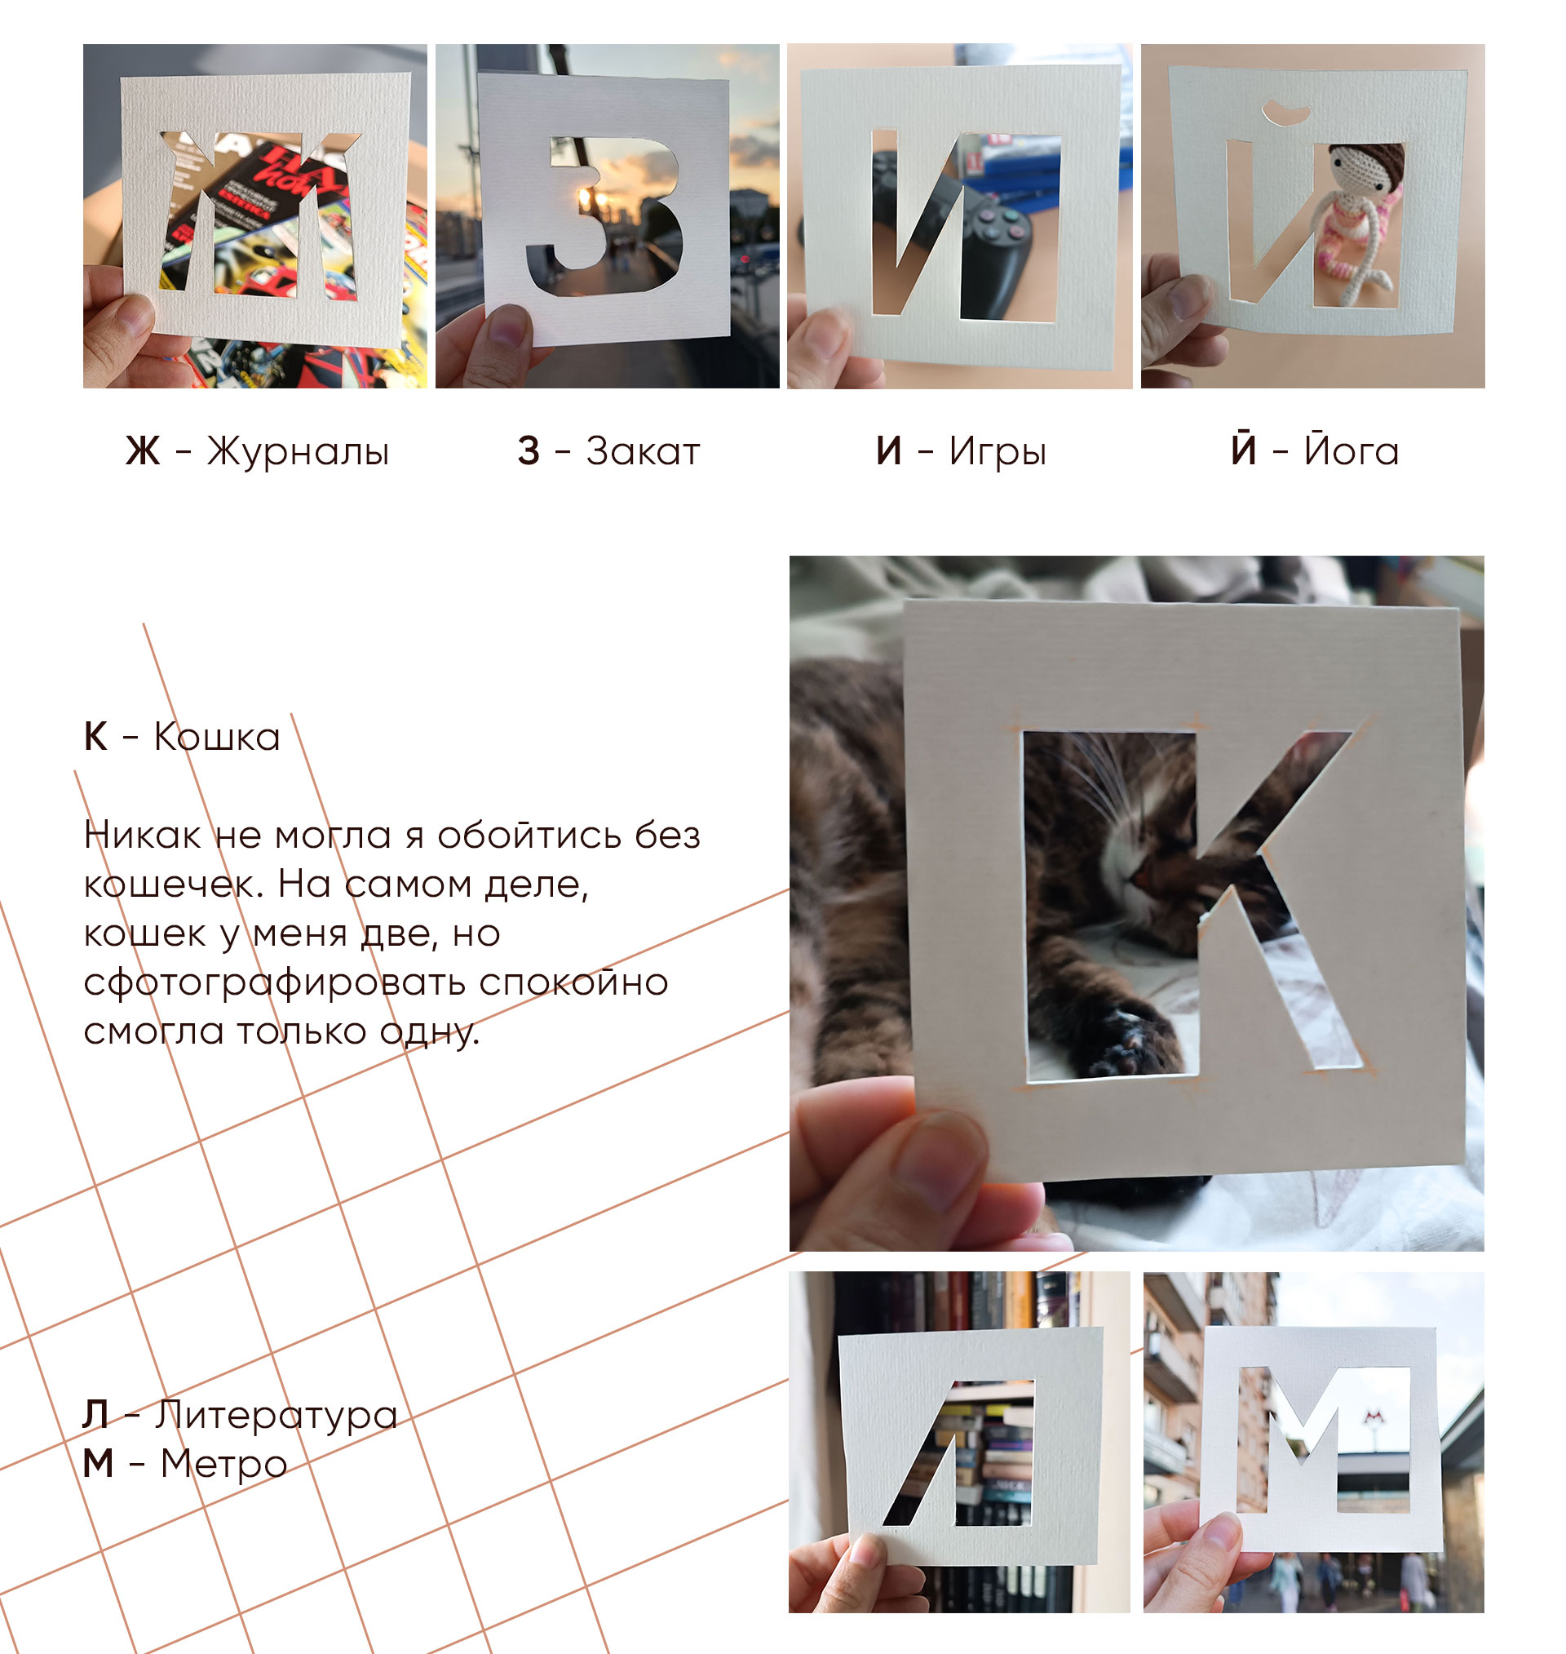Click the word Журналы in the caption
[298, 452]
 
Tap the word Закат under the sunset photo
[643, 451]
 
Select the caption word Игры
[998, 452]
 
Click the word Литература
[276, 1414]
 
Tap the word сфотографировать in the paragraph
[272, 982]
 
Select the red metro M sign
[1373, 1416]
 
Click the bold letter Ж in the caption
[143, 452]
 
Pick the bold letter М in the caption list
[98, 1464]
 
